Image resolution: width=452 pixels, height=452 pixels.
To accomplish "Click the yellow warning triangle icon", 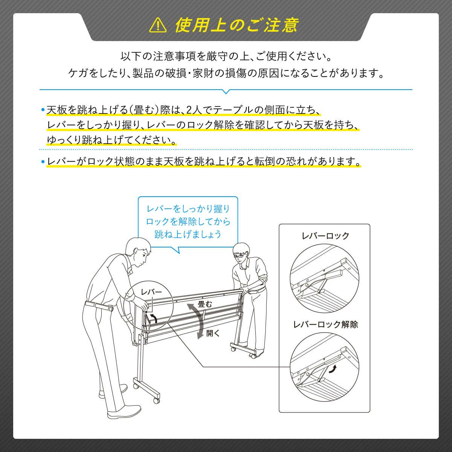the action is click(158, 26).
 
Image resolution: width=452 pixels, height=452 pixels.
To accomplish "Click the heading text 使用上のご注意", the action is click(236, 25).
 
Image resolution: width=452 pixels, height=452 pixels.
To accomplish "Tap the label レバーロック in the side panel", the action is click(325, 236).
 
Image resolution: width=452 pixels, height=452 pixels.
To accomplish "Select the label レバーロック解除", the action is click(325, 324).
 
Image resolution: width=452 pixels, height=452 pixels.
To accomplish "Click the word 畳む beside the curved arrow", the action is click(205, 304).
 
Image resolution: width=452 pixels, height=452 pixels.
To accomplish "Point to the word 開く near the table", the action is click(213, 333).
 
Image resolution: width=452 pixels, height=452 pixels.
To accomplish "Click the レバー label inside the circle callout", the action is click(151, 292).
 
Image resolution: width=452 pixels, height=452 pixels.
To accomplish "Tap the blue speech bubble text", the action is click(188, 221).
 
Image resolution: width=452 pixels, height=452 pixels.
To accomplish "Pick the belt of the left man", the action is click(99, 307).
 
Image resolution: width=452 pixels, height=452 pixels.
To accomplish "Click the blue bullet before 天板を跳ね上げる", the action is click(43, 110).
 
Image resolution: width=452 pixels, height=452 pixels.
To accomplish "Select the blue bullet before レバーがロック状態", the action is click(43, 161).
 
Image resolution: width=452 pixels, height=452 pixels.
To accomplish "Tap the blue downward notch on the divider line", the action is click(226, 92).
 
